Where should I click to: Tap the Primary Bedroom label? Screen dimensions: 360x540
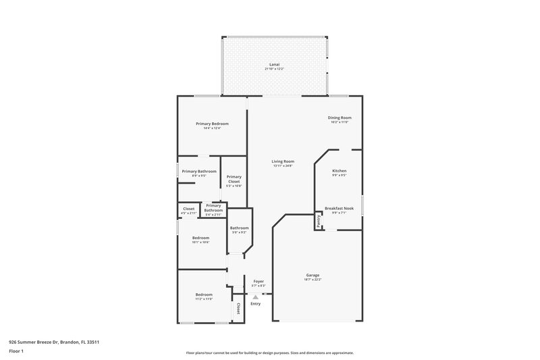click(212, 124)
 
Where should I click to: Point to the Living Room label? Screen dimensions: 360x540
click(283, 161)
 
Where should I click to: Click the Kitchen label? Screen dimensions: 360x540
click(339, 172)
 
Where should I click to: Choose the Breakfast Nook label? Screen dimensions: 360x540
click(339, 208)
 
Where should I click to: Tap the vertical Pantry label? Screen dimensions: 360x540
click(318, 220)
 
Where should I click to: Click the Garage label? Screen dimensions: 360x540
click(313, 275)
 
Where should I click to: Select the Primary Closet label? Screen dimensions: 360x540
click(234, 179)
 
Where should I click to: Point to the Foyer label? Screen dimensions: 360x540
click(259, 281)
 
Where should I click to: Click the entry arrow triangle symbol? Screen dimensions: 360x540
click(255, 296)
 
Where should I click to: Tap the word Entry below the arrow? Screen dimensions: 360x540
click(255, 304)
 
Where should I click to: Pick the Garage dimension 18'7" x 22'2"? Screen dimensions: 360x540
click(313, 280)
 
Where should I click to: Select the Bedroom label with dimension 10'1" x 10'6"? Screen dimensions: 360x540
click(200, 238)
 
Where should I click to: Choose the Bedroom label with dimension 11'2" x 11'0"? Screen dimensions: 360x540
click(204, 294)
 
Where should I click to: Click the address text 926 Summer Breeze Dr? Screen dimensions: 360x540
click(44, 342)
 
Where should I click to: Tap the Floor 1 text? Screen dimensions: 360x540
click(16, 351)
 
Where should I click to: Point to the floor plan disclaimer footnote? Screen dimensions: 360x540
click(269, 353)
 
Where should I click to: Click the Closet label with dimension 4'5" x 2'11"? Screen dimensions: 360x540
click(189, 209)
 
